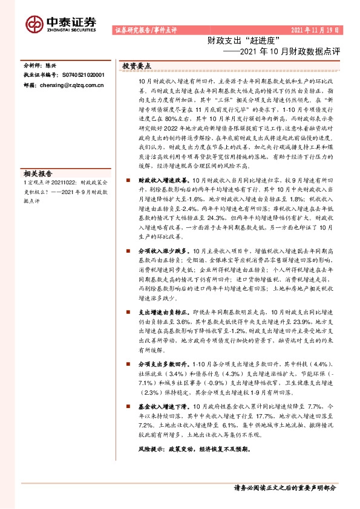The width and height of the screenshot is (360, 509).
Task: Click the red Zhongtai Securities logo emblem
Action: [x=34, y=22]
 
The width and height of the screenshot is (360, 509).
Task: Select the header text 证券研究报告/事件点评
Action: [x=145, y=30]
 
